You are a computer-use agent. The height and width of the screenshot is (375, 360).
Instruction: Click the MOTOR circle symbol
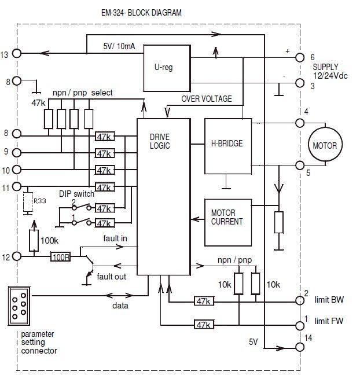[324, 145]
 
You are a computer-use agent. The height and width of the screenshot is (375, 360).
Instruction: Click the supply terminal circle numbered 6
[300, 57]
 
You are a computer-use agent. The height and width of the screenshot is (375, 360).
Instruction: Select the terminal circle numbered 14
[300, 347]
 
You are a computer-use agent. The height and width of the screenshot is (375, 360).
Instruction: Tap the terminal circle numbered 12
[18, 256]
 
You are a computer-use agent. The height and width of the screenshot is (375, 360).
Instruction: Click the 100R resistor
[61, 256]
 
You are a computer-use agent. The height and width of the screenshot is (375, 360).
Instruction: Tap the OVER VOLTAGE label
[207, 98]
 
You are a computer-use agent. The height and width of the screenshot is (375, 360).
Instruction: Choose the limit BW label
[330, 300]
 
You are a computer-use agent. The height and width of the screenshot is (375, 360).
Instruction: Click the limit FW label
[330, 321]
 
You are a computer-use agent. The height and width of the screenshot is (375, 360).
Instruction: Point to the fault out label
[111, 276]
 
